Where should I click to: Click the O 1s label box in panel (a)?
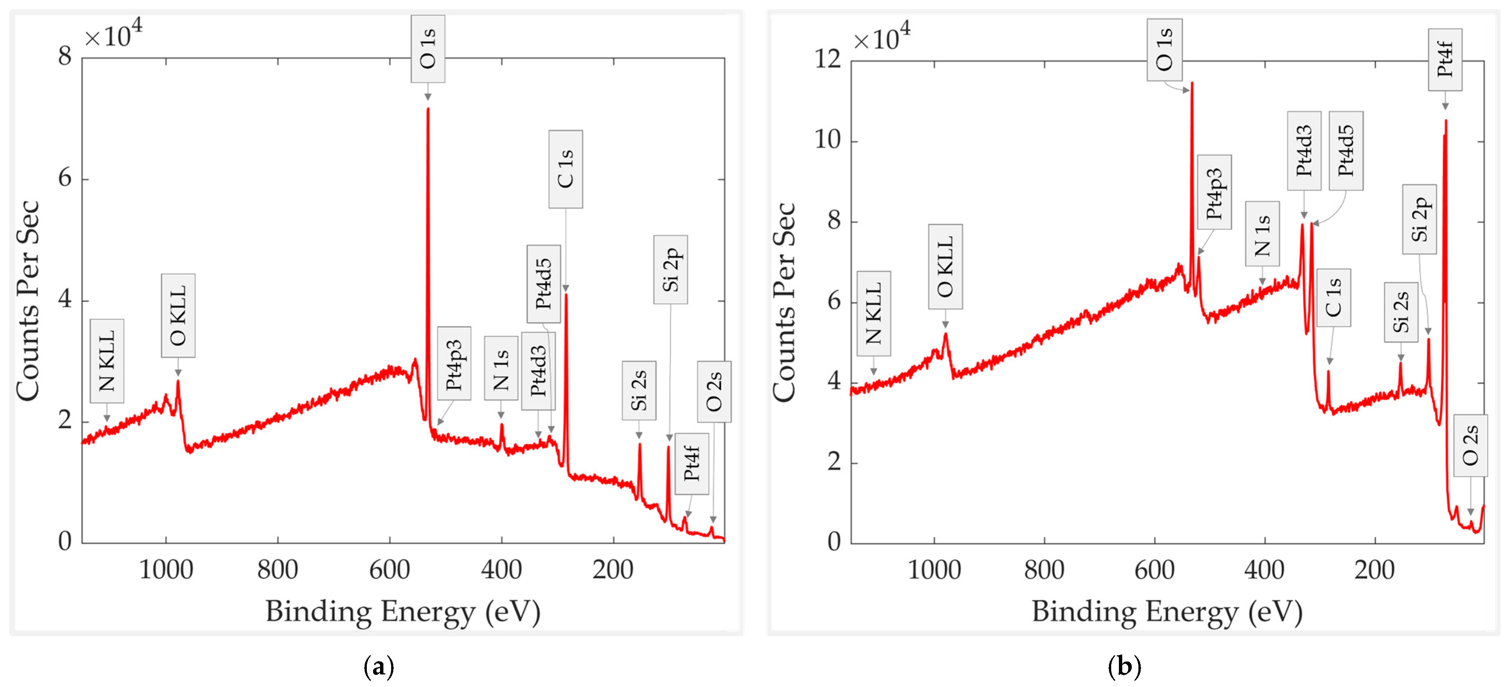click(427, 49)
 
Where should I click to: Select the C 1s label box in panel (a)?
click(565, 169)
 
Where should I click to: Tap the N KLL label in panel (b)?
click(873, 314)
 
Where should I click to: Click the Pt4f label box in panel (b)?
click(1444, 60)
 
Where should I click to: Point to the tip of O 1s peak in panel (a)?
click(427, 108)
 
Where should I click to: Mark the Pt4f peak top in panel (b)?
click(1446, 121)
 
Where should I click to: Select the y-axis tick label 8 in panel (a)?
click(64, 57)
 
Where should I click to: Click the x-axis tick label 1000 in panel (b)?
click(934, 569)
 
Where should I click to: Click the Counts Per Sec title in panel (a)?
click(28, 301)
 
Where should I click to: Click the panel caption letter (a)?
click(379, 666)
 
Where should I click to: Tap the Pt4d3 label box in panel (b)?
click(1304, 151)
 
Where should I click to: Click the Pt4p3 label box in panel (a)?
click(454, 364)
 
